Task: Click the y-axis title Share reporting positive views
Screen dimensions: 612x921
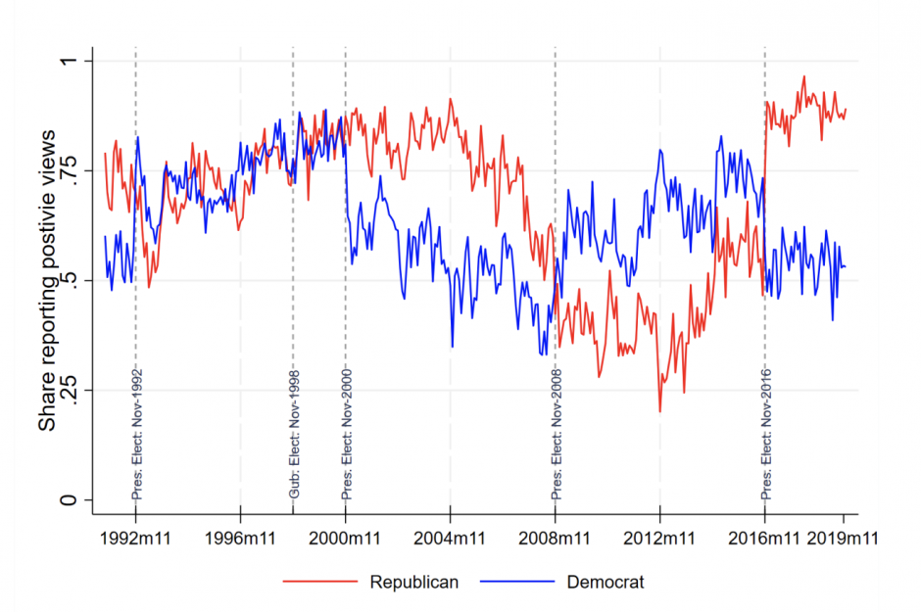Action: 46,281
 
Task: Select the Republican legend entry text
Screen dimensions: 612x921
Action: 413,582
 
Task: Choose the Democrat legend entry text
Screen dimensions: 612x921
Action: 606,582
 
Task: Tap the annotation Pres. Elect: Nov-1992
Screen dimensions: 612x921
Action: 136,435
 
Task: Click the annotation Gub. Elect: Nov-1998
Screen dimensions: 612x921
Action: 294,435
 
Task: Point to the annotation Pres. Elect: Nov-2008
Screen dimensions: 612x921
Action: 557,435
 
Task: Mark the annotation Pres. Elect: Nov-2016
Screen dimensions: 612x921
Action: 766,435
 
